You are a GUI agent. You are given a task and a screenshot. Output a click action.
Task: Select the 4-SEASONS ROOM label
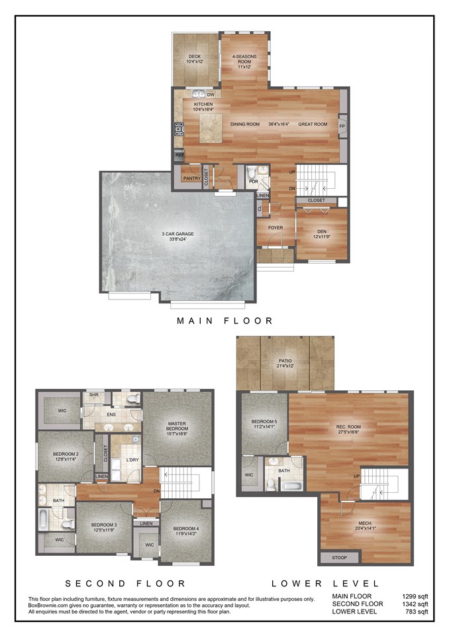click(244, 62)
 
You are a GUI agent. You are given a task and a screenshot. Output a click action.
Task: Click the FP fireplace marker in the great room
click(342, 126)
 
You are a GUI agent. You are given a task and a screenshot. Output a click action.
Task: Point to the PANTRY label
click(191, 178)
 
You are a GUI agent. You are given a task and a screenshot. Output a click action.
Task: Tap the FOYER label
click(275, 228)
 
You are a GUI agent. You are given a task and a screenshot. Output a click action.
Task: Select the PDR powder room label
click(252, 181)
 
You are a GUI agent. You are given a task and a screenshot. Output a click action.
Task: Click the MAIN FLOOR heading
click(224, 321)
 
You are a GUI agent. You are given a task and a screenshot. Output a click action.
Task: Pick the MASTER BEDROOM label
click(179, 428)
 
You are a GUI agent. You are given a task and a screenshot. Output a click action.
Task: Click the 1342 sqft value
click(415, 604)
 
